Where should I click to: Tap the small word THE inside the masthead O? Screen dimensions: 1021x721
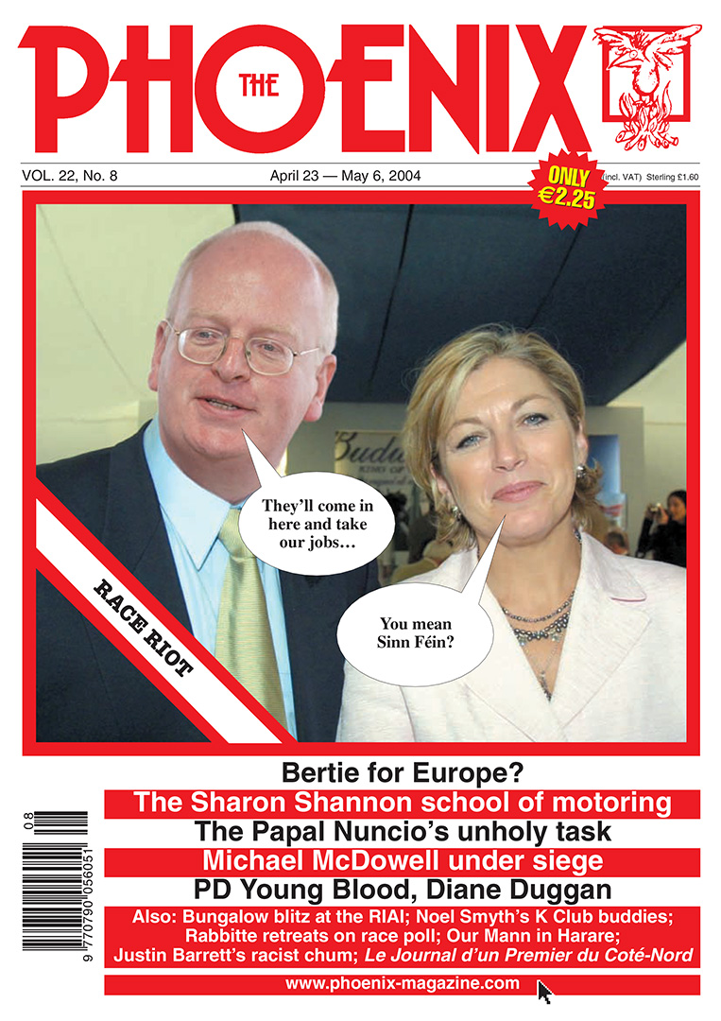coord(258,86)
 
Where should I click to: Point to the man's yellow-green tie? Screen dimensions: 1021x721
coord(248,614)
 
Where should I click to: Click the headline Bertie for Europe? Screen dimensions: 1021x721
coord(403,773)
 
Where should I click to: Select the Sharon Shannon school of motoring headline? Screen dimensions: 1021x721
coord(403,804)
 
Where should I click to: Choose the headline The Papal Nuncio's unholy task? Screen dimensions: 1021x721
coord(403,833)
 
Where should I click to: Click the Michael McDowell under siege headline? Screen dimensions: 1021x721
coord(403,862)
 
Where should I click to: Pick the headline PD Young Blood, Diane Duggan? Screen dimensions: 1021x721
coord(403,891)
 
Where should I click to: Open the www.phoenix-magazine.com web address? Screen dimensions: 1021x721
coord(403,984)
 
